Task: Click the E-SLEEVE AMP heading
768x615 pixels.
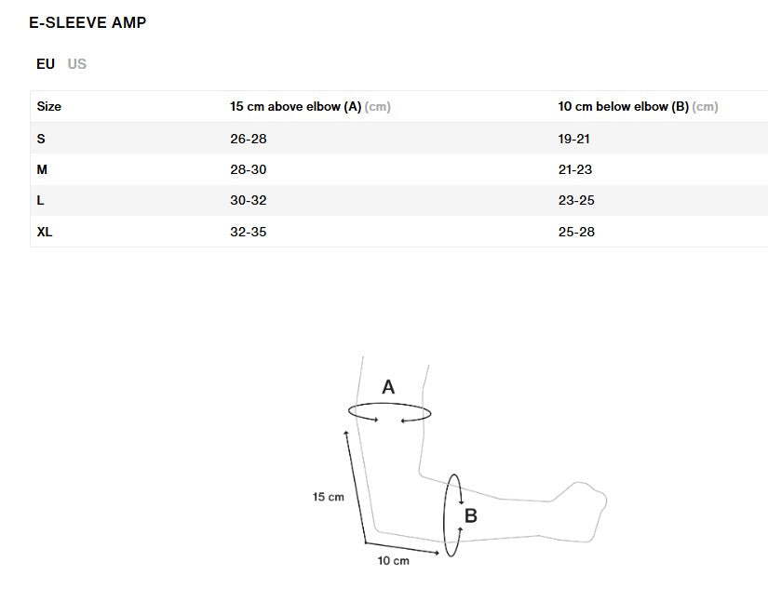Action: point(88,22)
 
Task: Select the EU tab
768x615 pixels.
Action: point(46,64)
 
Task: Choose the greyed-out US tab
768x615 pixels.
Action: point(77,64)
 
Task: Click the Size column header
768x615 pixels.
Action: point(49,107)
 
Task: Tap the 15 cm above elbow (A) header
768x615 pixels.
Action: point(295,107)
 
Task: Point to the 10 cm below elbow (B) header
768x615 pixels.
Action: point(623,107)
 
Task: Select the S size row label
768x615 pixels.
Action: point(41,139)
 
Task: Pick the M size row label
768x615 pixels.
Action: point(42,169)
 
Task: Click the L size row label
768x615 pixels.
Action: point(41,201)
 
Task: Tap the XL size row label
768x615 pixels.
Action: point(45,232)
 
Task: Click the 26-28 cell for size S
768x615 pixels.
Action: point(248,139)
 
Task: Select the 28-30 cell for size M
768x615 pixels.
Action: point(248,169)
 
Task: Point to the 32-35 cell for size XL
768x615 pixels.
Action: point(248,232)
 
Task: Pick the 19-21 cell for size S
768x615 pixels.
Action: point(574,139)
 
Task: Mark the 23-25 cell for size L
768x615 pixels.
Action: point(576,201)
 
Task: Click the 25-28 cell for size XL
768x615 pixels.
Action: point(576,232)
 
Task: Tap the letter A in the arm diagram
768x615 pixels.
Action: point(388,387)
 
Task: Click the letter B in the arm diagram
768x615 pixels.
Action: point(471,515)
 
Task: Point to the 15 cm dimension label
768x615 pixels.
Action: point(328,497)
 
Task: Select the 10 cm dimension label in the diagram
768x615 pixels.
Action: point(393,561)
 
